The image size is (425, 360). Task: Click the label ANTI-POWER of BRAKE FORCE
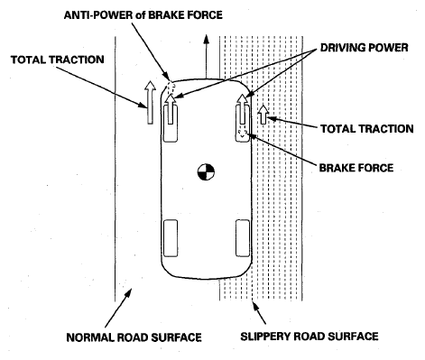point(143,14)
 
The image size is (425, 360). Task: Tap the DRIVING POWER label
point(364,48)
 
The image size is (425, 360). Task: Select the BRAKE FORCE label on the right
point(356,168)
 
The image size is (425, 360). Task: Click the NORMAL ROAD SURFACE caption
point(134,337)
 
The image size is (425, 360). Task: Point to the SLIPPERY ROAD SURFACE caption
point(310,336)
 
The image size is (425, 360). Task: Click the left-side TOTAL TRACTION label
point(58,60)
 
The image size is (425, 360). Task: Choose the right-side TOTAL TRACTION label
point(367,129)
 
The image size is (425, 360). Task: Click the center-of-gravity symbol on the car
point(206,172)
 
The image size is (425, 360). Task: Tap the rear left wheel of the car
point(171,238)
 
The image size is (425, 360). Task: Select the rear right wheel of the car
point(243,238)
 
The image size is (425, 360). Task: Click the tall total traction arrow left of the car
point(150,103)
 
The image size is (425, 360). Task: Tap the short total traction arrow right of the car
point(263,115)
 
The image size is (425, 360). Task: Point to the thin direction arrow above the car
point(206,56)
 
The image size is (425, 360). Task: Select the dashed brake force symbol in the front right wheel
point(243,133)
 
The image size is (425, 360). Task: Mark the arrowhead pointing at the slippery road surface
point(255,306)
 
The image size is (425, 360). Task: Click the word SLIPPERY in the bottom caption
point(266,336)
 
